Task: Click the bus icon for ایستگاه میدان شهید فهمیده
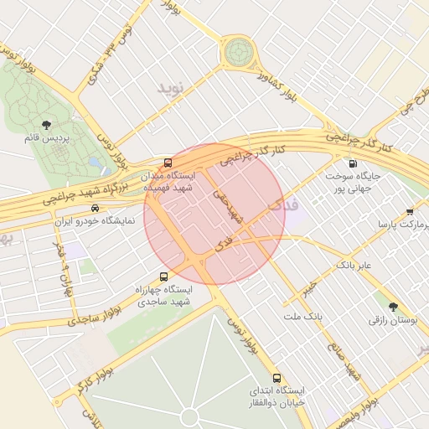[168, 163]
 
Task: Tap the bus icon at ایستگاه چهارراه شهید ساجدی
[163, 276]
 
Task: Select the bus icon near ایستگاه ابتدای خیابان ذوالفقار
[277, 378]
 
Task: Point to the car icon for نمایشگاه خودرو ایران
[95, 208]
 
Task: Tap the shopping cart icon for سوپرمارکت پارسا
[409, 212]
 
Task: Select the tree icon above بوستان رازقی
[393, 306]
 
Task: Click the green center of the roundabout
[238, 52]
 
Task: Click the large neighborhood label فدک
[282, 204]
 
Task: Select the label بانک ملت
[302, 317]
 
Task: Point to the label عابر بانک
[359, 265]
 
